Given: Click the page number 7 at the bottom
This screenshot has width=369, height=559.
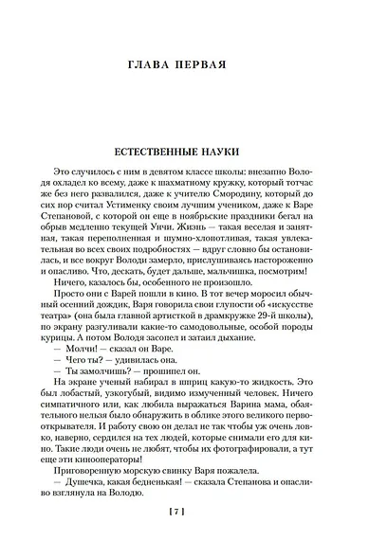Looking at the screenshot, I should [x=185, y=538].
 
